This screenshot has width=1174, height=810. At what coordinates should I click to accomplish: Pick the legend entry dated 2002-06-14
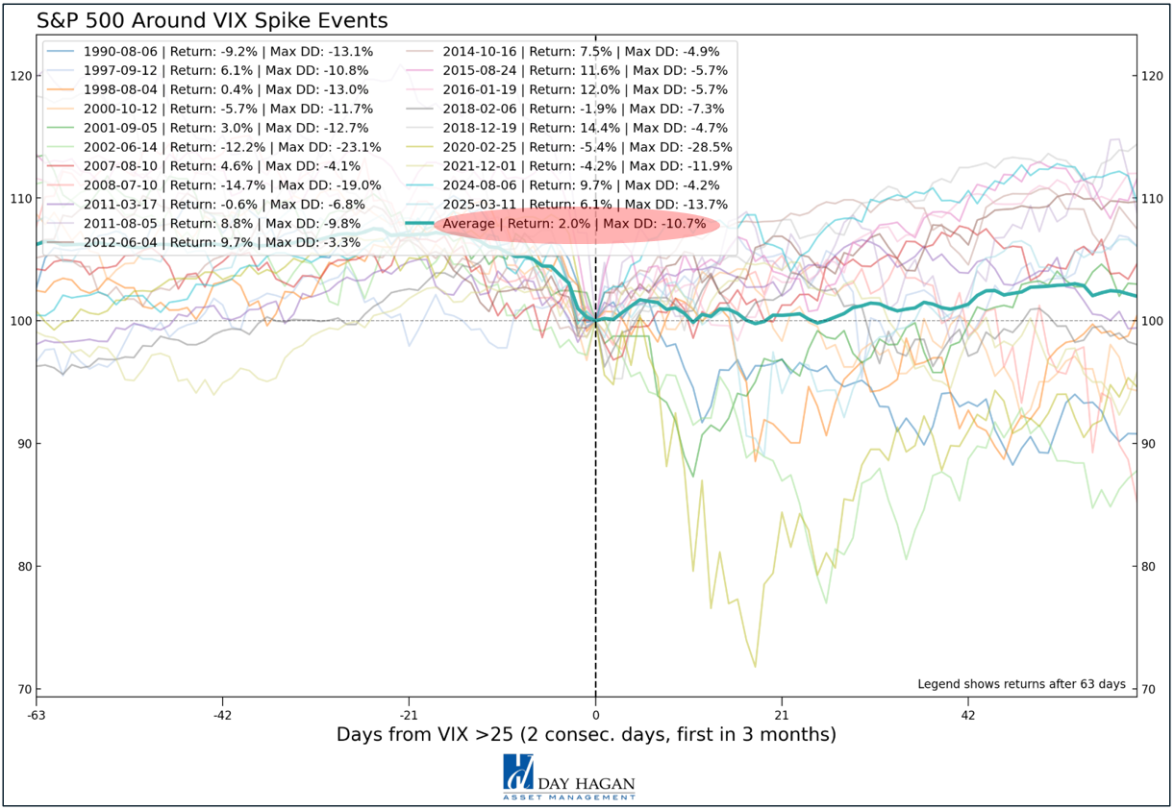click(x=232, y=147)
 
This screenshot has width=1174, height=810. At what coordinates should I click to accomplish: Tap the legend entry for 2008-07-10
click(x=232, y=185)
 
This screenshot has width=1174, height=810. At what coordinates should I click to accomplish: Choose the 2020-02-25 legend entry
click(x=587, y=147)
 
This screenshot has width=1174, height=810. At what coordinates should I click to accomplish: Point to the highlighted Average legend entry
click(x=574, y=224)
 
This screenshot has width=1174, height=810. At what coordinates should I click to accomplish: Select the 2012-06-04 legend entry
click(x=221, y=242)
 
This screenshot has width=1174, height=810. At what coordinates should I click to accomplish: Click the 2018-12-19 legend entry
click(x=585, y=128)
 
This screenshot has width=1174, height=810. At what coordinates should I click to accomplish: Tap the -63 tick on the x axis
click(x=37, y=715)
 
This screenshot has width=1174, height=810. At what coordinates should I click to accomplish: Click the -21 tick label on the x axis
click(x=410, y=715)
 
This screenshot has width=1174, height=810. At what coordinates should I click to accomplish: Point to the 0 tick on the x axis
click(x=596, y=715)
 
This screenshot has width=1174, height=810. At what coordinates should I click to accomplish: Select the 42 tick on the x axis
click(x=968, y=715)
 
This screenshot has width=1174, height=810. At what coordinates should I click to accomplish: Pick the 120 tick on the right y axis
click(x=1150, y=76)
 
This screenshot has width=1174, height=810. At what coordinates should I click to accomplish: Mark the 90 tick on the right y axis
click(x=1147, y=444)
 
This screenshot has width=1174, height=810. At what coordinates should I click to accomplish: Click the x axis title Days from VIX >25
click(x=586, y=735)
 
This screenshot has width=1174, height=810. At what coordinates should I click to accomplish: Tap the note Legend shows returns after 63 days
click(x=1021, y=684)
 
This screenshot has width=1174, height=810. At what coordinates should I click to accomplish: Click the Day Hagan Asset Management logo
click(x=569, y=777)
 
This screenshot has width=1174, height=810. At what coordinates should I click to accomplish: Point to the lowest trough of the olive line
click(x=755, y=666)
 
